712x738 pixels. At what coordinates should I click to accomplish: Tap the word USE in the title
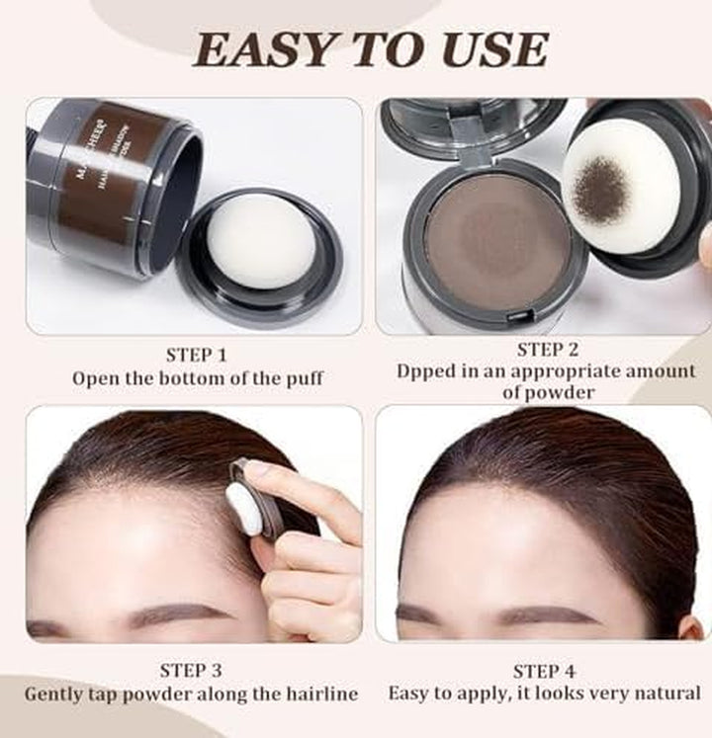491,48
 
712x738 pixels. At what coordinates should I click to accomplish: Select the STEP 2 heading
546,349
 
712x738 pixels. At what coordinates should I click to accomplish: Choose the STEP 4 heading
544,671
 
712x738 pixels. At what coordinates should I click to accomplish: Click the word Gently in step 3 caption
57,694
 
